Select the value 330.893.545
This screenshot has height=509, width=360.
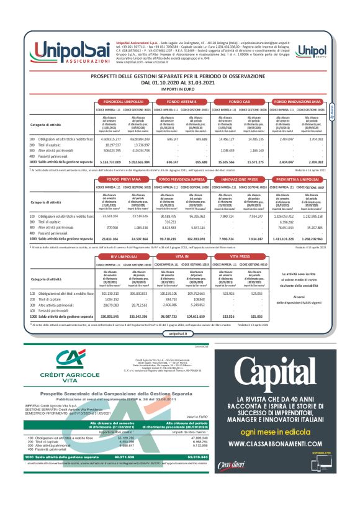(x=107, y=315)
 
